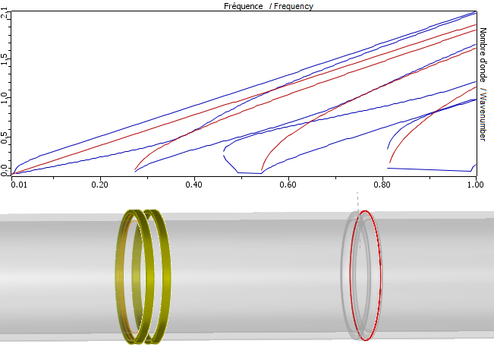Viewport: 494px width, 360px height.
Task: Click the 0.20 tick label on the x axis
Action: click(x=100, y=185)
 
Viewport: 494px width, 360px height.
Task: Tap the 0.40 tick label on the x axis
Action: click(x=194, y=185)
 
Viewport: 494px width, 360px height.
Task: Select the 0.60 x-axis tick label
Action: click(x=288, y=185)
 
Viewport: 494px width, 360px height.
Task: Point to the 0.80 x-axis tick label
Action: click(x=382, y=185)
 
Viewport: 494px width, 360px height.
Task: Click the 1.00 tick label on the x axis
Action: click(x=475, y=185)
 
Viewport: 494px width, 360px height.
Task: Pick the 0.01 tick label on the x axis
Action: click(x=19, y=185)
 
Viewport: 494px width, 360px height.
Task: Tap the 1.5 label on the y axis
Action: click(x=4, y=59)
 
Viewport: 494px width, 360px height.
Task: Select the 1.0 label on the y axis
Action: click(x=4, y=98)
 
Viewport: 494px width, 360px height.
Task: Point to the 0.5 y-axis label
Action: click(x=4, y=137)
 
